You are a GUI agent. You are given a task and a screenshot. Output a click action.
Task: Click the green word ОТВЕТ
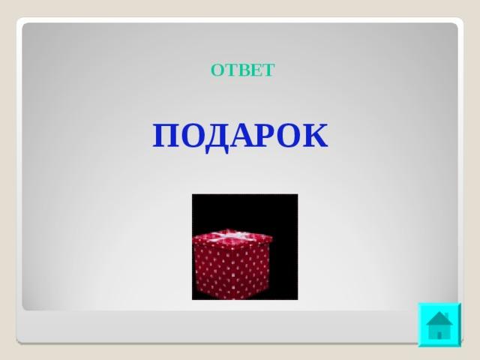(x=242, y=70)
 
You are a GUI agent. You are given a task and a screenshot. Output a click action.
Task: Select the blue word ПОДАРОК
(x=240, y=136)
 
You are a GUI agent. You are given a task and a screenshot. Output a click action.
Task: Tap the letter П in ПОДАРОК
(x=165, y=136)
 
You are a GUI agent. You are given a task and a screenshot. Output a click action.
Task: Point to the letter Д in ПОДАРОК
(x=217, y=138)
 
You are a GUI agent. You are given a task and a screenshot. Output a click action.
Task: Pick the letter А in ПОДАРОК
(x=243, y=136)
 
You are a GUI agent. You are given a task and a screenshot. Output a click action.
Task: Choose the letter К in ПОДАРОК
(x=316, y=136)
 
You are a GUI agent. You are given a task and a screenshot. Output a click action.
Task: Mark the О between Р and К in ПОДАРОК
(x=291, y=136)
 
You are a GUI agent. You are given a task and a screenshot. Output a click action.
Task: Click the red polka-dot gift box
(x=232, y=264)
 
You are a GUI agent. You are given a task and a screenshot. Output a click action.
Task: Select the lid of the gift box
(x=232, y=237)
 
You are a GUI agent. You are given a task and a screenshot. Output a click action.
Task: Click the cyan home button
(x=439, y=325)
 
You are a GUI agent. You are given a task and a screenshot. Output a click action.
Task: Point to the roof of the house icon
(x=439, y=319)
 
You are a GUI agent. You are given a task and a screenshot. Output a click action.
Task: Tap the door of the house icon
(x=439, y=335)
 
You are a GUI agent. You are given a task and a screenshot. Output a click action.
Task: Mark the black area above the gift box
(x=245, y=211)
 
